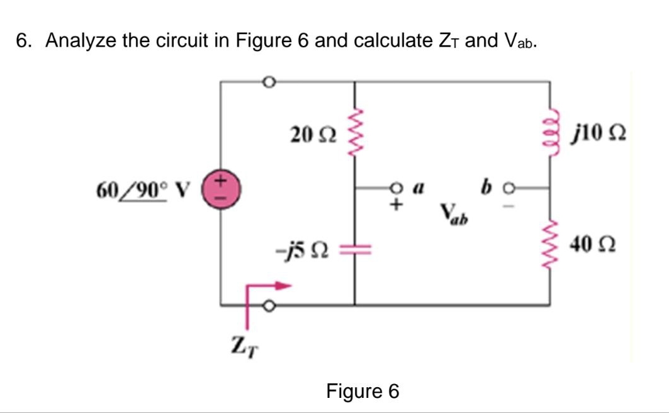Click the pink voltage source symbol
(221, 188)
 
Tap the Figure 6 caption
(362, 391)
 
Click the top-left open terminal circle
(268, 82)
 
